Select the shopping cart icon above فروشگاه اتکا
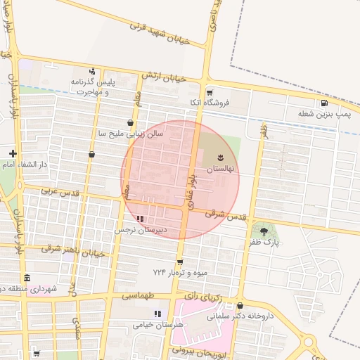coord(209,92)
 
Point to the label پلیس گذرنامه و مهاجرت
coord(91,87)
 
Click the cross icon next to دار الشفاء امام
coord(13,153)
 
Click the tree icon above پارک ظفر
coord(264,231)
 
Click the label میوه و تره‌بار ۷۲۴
coord(178,271)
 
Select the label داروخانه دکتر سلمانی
coord(240,316)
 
